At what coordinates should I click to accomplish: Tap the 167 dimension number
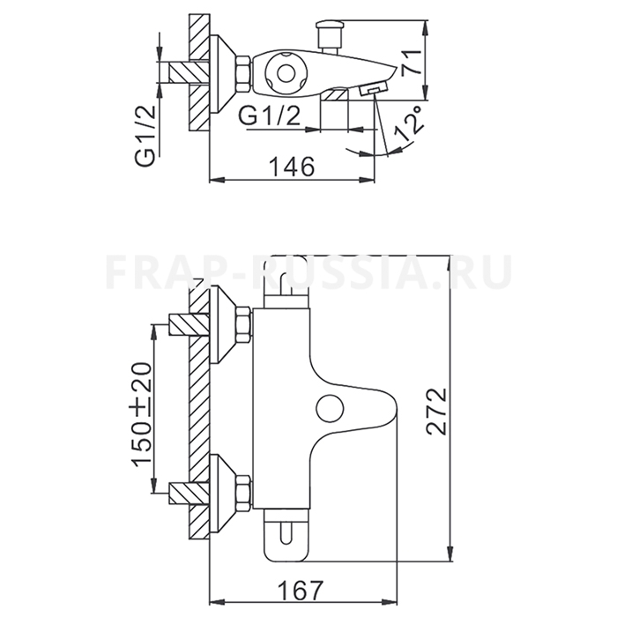click(x=300, y=590)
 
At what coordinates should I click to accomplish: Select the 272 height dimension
click(x=437, y=412)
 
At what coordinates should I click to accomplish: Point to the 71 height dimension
click(x=412, y=62)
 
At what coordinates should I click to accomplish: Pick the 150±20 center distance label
click(x=143, y=414)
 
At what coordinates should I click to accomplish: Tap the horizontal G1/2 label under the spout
click(x=270, y=116)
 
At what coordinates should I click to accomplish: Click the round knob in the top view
click(x=286, y=73)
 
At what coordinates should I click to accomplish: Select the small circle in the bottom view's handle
click(x=330, y=408)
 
